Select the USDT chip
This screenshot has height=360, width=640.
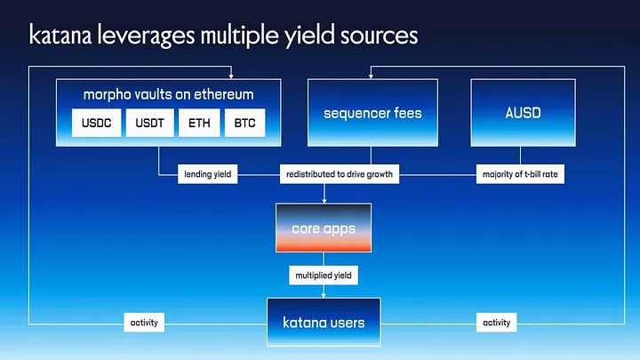pyautogui.click(x=148, y=123)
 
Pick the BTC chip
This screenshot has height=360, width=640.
pyautogui.click(x=245, y=123)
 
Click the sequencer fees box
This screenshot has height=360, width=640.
pyautogui.click(x=372, y=112)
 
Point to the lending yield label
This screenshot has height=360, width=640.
pyautogui.click(x=206, y=174)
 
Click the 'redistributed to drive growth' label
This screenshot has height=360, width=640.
pyautogui.click(x=339, y=174)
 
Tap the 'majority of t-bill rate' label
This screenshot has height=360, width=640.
pyautogui.click(x=520, y=174)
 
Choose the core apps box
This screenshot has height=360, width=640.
pyautogui.click(x=324, y=228)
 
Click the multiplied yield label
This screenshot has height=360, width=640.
pyautogui.click(x=324, y=276)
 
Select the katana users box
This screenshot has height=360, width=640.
pyautogui.click(x=324, y=322)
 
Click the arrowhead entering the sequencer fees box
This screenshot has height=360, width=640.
pyautogui.click(x=373, y=76)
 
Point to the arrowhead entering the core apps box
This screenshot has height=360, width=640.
pyautogui.click(x=324, y=200)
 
